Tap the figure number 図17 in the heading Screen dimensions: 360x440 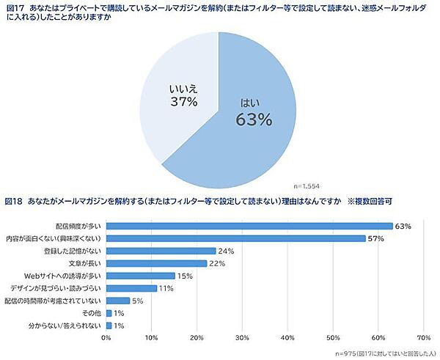click(x=15, y=7)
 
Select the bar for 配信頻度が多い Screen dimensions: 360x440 click(x=249, y=225)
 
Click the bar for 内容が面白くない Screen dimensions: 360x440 click(x=235, y=238)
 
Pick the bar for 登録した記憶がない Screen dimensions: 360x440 click(x=161, y=251)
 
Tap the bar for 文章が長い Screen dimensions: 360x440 click(x=156, y=263)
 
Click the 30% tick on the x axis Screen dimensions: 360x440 click(x=242, y=338)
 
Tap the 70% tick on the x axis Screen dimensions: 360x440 click(x=422, y=338)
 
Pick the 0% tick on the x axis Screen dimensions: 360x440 click(x=106, y=338)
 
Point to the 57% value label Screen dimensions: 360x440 click(x=376, y=238)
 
